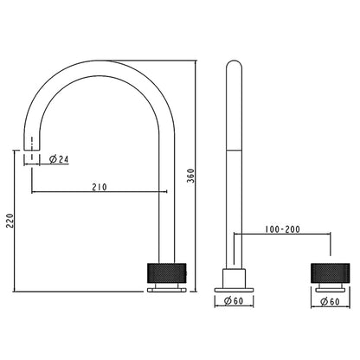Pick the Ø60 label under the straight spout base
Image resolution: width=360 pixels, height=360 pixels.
click(x=234, y=302)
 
